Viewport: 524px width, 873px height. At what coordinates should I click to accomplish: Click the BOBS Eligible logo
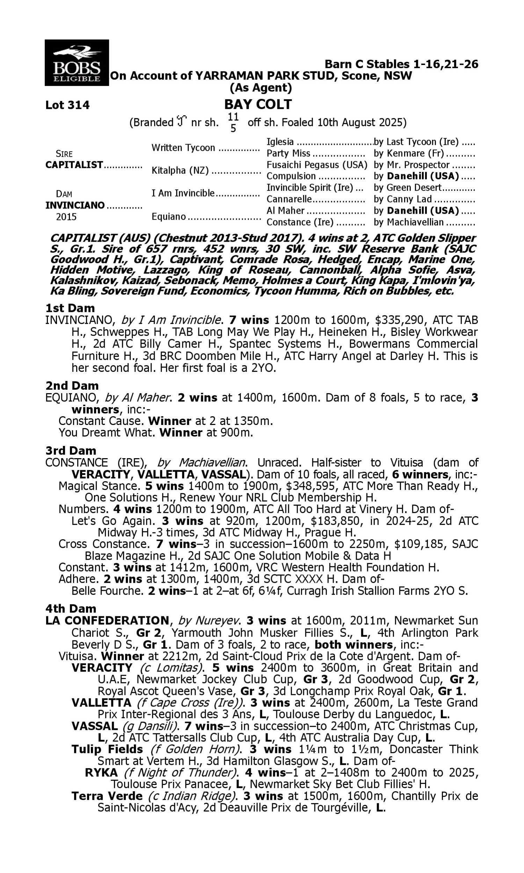[77, 63]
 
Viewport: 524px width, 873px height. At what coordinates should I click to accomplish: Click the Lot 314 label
[67, 105]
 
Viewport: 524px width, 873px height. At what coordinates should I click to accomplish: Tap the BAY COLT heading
[258, 104]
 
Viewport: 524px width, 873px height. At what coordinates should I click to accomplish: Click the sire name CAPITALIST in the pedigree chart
[74, 165]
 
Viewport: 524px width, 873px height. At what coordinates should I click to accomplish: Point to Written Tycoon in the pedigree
[183, 147]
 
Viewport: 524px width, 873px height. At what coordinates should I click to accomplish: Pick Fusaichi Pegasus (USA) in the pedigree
[317, 165]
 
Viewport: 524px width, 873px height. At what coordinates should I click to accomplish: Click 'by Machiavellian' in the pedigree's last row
[408, 222]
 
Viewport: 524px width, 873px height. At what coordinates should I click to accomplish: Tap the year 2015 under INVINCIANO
[66, 217]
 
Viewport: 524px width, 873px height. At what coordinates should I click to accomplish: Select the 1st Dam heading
[70, 308]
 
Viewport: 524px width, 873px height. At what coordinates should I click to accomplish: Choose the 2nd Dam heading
[72, 385]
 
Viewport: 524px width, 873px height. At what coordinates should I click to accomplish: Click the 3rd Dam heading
[71, 450]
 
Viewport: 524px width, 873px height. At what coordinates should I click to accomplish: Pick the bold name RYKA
[101, 772]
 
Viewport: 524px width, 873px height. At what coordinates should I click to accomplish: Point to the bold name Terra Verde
[107, 796]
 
